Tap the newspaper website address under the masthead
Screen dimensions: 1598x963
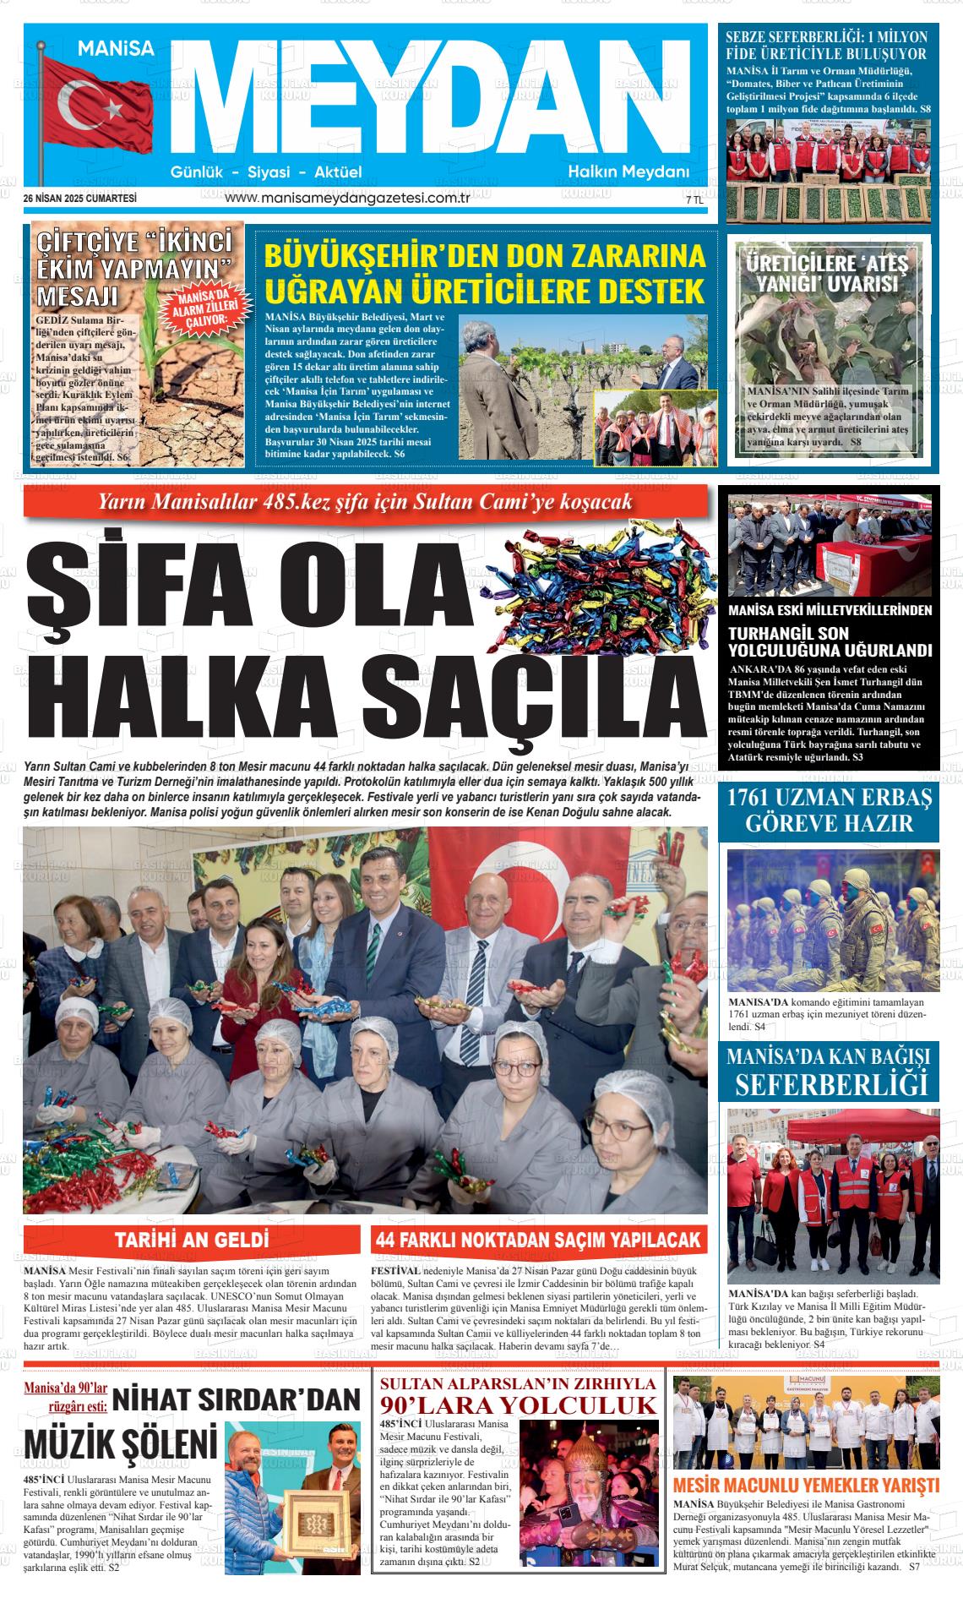(348, 198)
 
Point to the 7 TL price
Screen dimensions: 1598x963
(694, 201)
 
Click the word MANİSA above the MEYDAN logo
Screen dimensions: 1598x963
(117, 50)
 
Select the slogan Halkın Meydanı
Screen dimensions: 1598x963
(628, 172)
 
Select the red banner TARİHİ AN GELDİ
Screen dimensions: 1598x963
(193, 1240)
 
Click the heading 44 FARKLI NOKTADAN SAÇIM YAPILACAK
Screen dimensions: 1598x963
(539, 1240)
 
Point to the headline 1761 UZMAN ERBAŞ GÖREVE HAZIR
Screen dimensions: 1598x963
(828, 810)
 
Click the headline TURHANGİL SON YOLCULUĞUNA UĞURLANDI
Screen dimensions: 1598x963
(830, 641)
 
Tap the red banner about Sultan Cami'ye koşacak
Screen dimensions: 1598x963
(365, 503)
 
